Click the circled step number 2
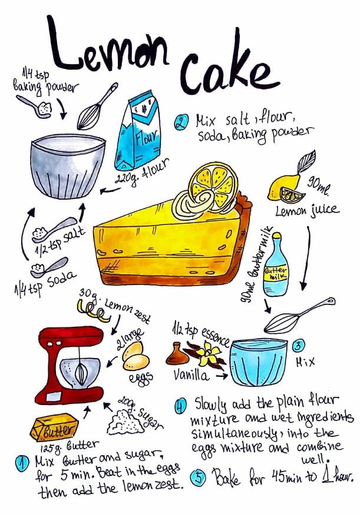180,123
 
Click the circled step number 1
22,462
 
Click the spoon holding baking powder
35,107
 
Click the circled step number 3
299,345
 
